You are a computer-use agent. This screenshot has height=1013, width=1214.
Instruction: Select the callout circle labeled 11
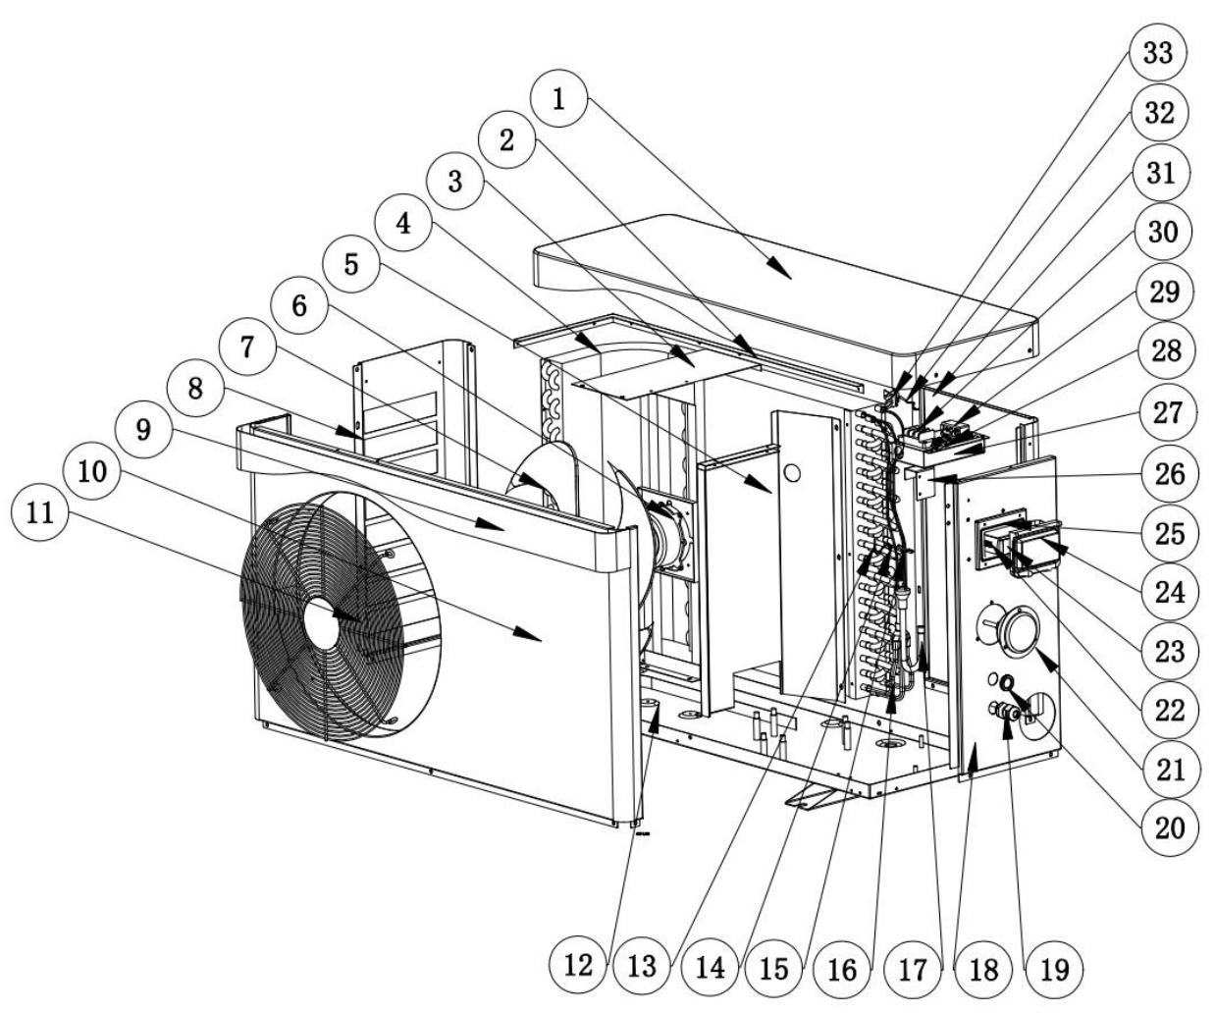click(x=40, y=515)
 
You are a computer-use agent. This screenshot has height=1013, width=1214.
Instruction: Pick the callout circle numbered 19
click(x=1054, y=967)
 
